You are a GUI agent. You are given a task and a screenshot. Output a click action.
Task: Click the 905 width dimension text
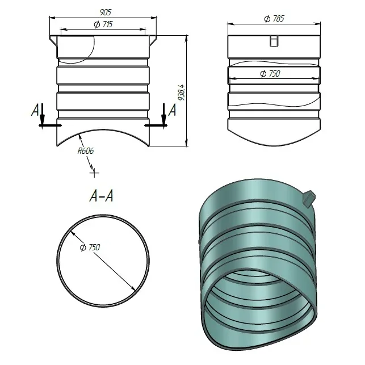pyautogui.click(x=106, y=12)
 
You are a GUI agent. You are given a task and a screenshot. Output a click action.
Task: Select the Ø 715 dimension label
pyautogui.click(x=103, y=24)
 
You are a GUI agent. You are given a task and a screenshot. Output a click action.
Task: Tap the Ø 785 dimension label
pyautogui.click(x=274, y=19)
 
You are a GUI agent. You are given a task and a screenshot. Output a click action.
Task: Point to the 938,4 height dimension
pyautogui.click(x=181, y=93)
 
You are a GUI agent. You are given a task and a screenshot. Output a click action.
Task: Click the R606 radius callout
pyautogui.click(x=86, y=151)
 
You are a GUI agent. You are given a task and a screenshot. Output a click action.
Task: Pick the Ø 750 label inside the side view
pyautogui.click(x=270, y=74)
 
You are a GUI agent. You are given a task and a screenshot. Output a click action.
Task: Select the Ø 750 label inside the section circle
pyautogui.click(x=90, y=247)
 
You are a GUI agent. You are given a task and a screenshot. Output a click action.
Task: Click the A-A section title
pyautogui.click(x=102, y=196)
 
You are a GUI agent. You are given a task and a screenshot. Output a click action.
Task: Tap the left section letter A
pyautogui.click(x=35, y=110)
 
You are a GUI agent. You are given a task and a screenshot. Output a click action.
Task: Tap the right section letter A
pyautogui.click(x=172, y=110)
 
